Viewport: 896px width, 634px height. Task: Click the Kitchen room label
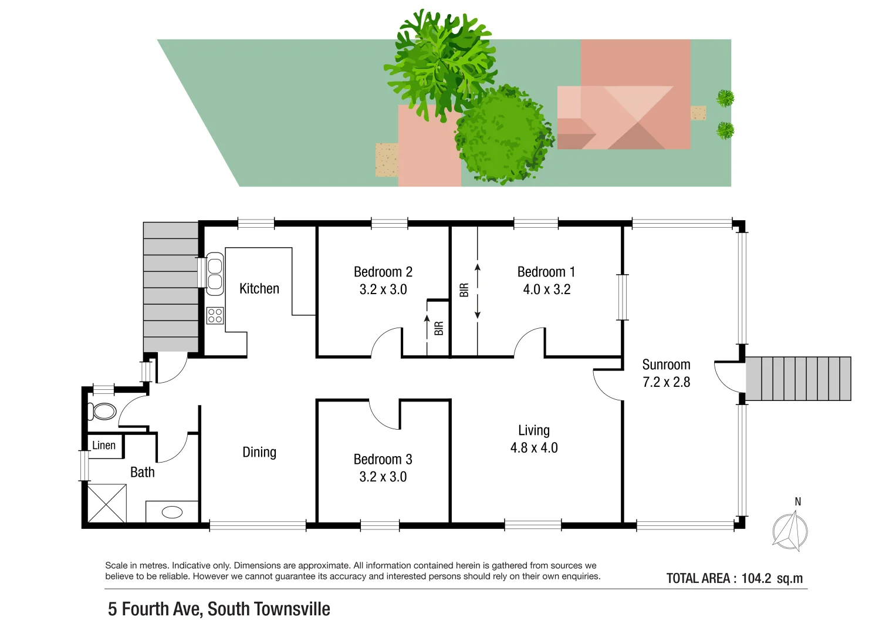pos(259,288)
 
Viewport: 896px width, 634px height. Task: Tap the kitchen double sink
pos(215,274)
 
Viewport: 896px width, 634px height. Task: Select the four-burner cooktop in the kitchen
pos(215,316)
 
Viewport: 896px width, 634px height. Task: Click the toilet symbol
pos(103,411)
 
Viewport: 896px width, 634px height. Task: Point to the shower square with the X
pos(107,503)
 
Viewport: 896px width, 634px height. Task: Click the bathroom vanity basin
pos(172,512)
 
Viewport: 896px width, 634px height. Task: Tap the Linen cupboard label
pos(104,446)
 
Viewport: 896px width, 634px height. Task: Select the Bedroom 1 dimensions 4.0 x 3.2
pos(546,289)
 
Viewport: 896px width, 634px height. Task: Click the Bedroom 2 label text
pos(383,272)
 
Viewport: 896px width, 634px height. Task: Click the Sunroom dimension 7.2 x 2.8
pos(666,382)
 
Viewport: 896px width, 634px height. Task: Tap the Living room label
pos(534,430)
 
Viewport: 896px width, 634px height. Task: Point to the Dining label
pos(259,452)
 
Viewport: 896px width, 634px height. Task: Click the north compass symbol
pos(790,531)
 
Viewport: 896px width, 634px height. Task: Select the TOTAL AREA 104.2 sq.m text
pos(734,578)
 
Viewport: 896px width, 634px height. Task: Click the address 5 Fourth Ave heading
pos(219,609)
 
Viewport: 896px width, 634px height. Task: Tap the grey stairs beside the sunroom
pos(798,379)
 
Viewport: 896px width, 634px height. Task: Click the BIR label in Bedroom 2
pos(439,328)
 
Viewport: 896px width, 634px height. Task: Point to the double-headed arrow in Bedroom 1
pos(478,291)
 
